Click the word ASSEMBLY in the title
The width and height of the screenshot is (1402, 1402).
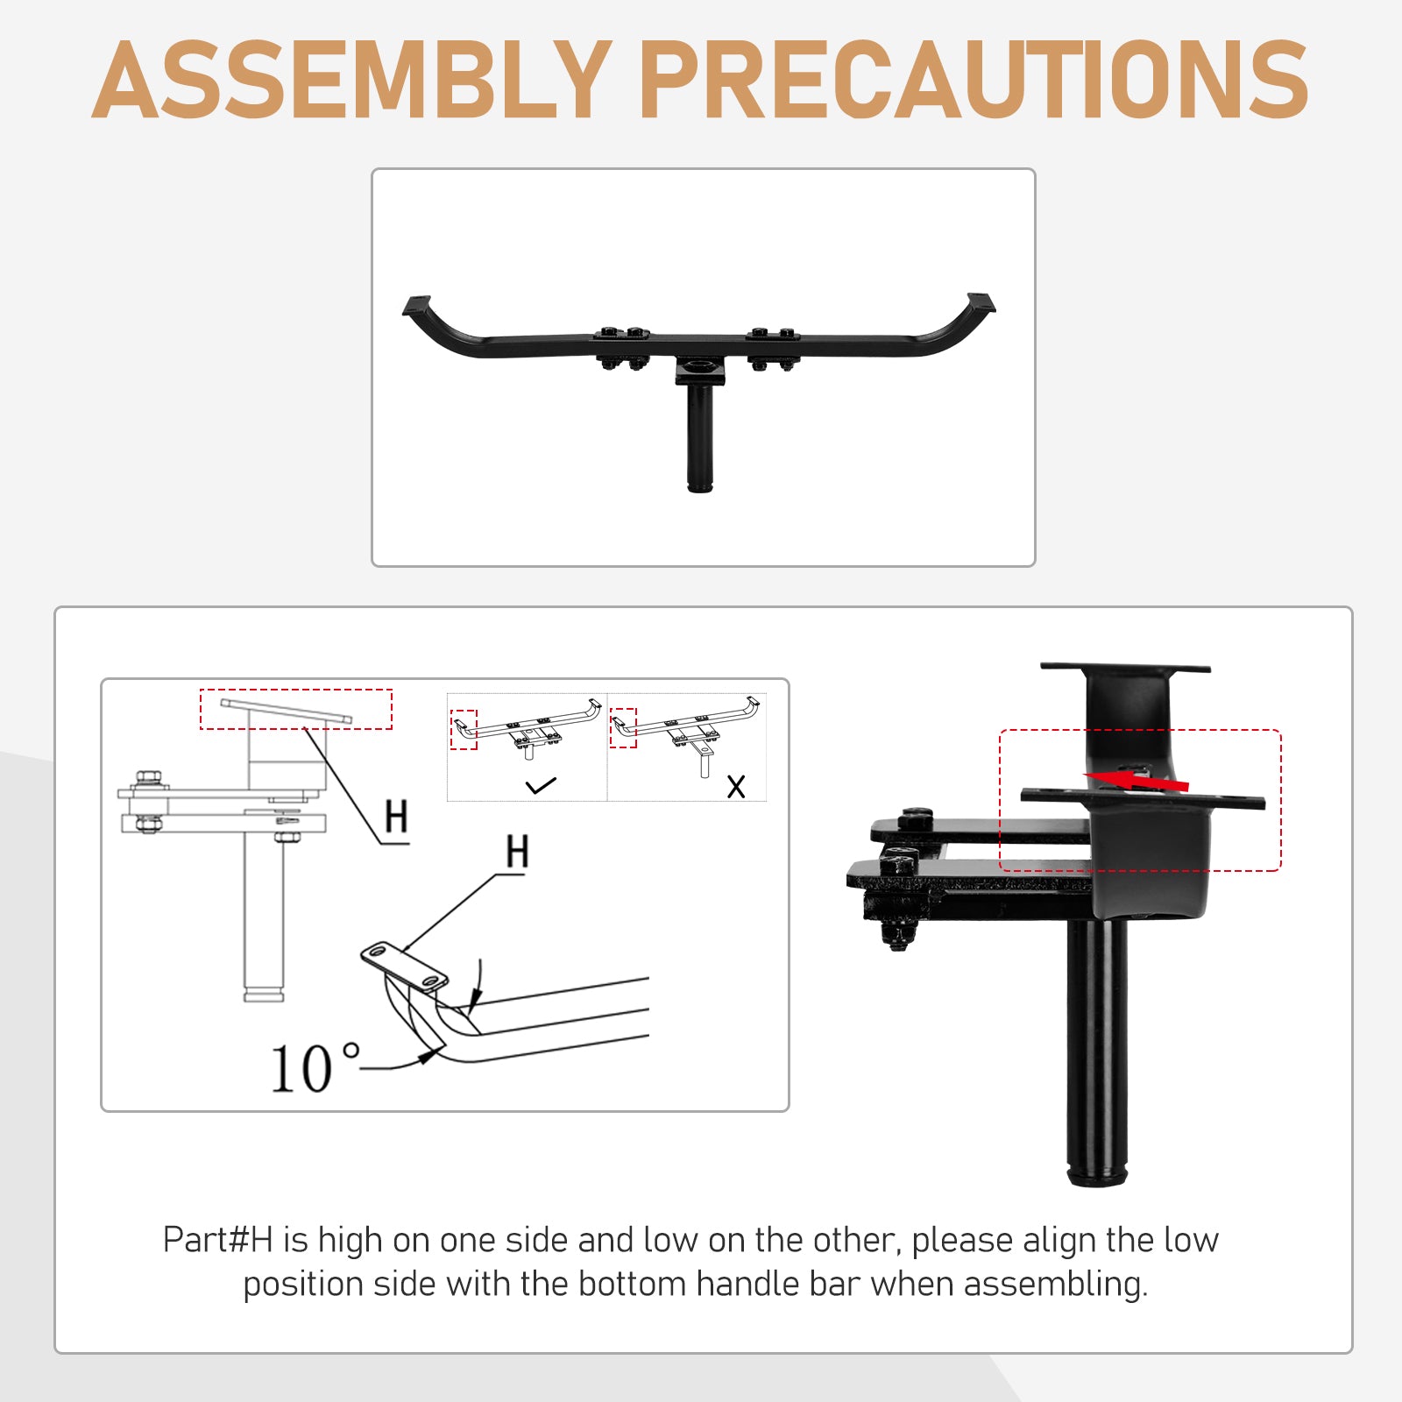pyautogui.click(x=351, y=80)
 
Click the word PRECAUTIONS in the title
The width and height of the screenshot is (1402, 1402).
pyautogui.click(x=974, y=80)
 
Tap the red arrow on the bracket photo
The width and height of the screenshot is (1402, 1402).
pyautogui.click(x=1136, y=780)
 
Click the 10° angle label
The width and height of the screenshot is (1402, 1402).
pyautogui.click(x=314, y=1068)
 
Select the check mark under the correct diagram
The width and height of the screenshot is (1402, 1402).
pyautogui.click(x=541, y=785)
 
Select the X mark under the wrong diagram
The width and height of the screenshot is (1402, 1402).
pyautogui.click(x=736, y=786)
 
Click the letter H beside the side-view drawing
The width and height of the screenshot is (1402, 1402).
pyautogui.click(x=396, y=817)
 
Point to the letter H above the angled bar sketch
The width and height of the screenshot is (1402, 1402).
pyautogui.click(x=517, y=851)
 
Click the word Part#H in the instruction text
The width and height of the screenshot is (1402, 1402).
pyautogui.click(x=218, y=1240)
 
